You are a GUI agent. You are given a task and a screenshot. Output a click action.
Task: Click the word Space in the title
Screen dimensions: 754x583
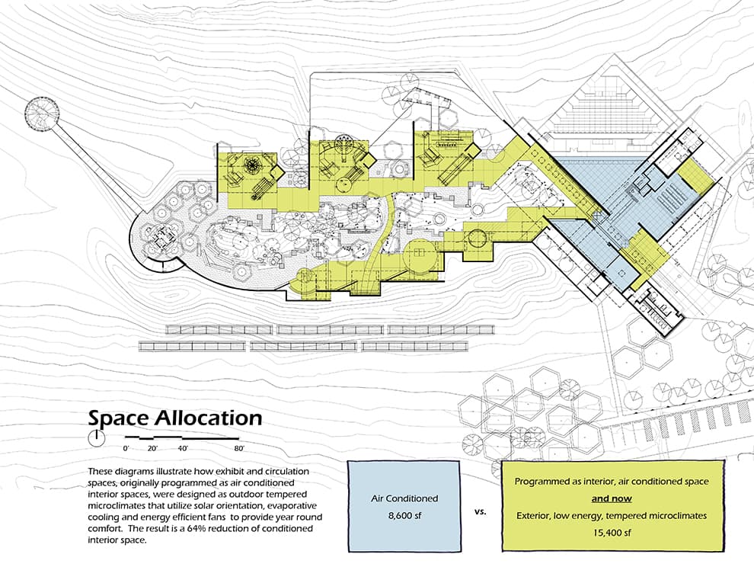pos(118,418)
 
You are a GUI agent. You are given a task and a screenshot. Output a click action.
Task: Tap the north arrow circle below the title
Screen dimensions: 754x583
pos(97,438)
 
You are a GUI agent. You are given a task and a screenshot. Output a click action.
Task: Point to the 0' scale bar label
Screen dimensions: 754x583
pos(126,448)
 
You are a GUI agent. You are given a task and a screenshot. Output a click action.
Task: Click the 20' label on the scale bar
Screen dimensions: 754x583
pos(152,448)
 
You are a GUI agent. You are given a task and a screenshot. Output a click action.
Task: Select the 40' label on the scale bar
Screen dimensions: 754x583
pos(182,448)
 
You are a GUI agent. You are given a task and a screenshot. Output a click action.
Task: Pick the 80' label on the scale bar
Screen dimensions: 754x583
pos(239,448)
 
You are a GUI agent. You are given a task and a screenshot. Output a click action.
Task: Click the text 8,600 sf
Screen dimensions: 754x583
pos(404,516)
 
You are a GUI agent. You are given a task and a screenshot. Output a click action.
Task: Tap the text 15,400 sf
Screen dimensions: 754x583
pos(612,533)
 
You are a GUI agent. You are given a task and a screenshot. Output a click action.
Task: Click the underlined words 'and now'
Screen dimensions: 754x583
pos(612,498)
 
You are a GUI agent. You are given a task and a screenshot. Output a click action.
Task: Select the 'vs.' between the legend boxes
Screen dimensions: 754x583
pos(480,511)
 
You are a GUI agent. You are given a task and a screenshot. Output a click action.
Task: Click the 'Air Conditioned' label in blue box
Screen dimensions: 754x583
pos(404,498)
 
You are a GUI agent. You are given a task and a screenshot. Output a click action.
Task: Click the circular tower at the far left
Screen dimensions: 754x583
pos(42,114)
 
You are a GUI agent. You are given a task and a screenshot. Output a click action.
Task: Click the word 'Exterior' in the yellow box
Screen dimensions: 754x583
pos(533,516)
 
